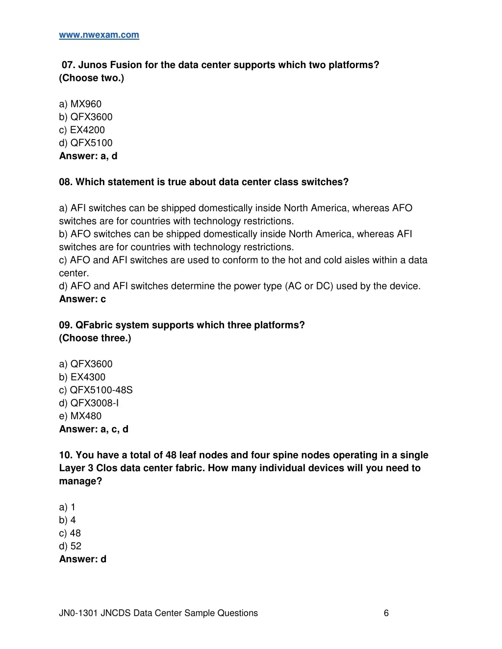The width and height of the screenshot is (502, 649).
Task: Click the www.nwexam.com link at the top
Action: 99,35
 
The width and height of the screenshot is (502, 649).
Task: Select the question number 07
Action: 68,65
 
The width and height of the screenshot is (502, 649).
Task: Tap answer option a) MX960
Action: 80,104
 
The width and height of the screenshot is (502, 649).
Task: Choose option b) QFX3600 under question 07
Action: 86,117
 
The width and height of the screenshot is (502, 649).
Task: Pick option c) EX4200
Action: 82,130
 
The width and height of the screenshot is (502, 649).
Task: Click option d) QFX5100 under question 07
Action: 86,143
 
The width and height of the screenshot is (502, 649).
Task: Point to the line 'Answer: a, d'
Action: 88,156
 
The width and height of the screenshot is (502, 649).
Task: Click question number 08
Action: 65,182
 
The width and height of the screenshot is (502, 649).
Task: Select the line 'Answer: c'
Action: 82,299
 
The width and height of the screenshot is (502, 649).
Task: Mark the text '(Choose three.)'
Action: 95,338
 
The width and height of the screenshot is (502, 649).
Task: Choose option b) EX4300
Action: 82,377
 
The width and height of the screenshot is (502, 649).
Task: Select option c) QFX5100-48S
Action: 96,390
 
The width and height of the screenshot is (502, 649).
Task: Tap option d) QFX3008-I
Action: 89,403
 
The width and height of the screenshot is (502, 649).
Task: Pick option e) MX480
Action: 80,416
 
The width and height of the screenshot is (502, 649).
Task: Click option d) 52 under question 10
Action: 70,546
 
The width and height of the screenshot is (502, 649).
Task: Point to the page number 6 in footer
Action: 386,613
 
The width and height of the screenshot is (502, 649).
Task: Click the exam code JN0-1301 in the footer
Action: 78,613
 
